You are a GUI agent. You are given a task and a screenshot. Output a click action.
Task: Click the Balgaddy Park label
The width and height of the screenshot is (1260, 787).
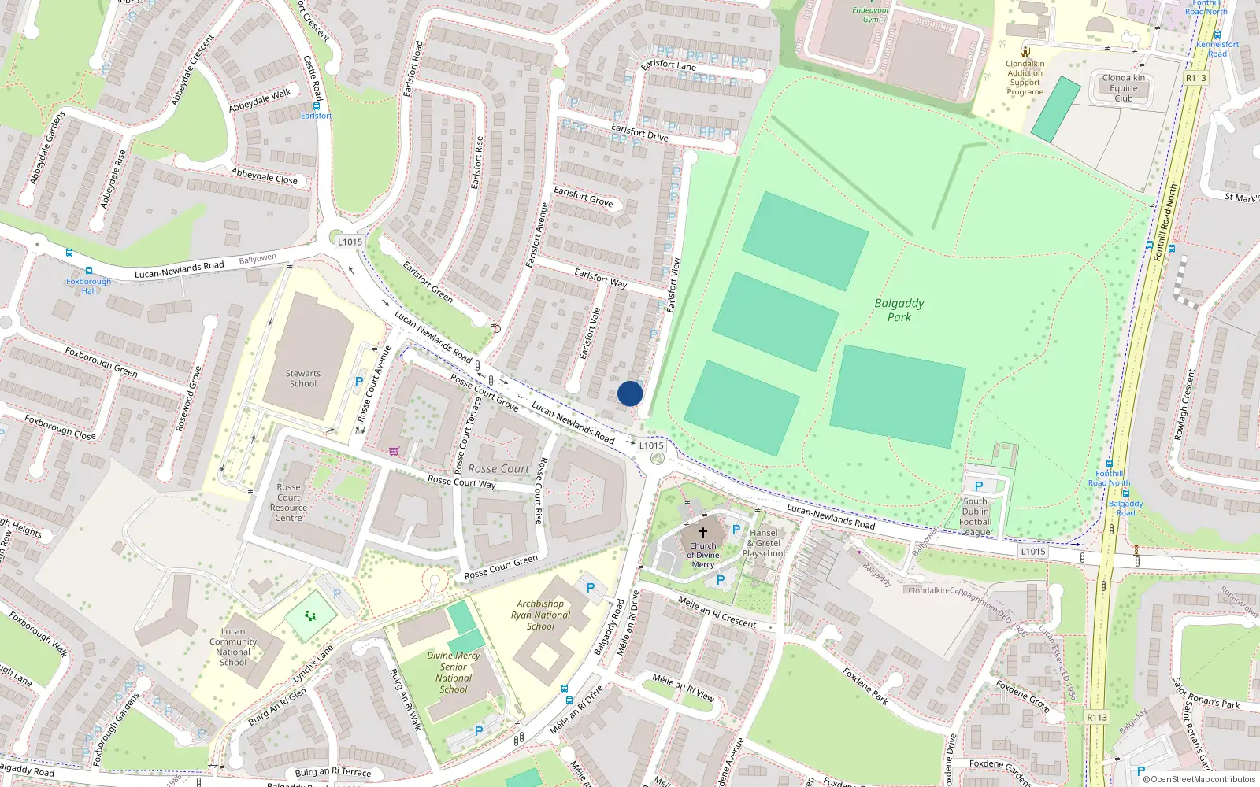pyautogui.click(x=899, y=310)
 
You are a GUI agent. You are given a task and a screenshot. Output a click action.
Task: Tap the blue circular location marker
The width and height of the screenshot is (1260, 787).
pyautogui.click(x=630, y=393)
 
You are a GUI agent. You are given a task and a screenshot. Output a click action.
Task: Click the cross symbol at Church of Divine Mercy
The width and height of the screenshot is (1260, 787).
pyautogui.click(x=703, y=533)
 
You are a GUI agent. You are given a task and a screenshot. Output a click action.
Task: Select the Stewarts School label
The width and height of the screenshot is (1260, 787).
pyautogui.click(x=303, y=379)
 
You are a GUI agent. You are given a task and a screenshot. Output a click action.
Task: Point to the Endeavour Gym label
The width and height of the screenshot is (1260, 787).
pyautogui.click(x=870, y=15)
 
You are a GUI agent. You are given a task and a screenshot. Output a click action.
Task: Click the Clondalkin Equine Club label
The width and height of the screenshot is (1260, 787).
pyautogui.click(x=1124, y=88)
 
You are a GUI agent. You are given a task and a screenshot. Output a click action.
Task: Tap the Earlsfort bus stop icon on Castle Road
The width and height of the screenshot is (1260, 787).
pyautogui.click(x=317, y=105)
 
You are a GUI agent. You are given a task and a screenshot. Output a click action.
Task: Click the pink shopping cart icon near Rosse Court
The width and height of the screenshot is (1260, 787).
pyautogui.click(x=394, y=451)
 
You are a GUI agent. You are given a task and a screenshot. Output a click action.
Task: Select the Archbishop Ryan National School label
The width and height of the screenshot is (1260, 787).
pyautogui.click(x=540, y=615)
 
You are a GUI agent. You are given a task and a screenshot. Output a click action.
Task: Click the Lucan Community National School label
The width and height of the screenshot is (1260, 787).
pyautogui.click(x=233, y=647)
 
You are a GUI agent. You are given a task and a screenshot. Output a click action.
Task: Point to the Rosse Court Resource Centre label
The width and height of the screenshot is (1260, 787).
pyautogui.click(x=289, y=502)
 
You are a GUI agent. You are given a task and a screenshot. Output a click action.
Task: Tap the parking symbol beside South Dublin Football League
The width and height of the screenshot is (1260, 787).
pyautogui.click(x=979, y=486)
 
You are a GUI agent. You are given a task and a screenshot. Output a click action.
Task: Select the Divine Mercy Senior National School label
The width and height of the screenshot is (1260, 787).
pyautogui.click(x=454, y=672)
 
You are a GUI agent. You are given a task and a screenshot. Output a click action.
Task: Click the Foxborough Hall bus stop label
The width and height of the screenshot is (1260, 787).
pyautogui.click(x=88, y=286)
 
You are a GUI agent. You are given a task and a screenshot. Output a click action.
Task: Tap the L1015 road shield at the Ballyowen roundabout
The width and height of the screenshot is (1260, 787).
pyautogui.click(x=350, y=242)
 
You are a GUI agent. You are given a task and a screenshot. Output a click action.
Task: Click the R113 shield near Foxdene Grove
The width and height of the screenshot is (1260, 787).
pyautogui.click(x=1096, y=717)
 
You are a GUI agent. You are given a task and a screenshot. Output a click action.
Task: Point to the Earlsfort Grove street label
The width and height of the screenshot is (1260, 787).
pyautogui.click(x=583, y=196)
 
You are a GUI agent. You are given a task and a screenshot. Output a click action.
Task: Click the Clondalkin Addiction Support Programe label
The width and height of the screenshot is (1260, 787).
pyautogui.click(x=1025, y=78)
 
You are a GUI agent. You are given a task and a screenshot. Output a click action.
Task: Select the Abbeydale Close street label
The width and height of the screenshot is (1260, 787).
pyautogui.click(x=265, y=176)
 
